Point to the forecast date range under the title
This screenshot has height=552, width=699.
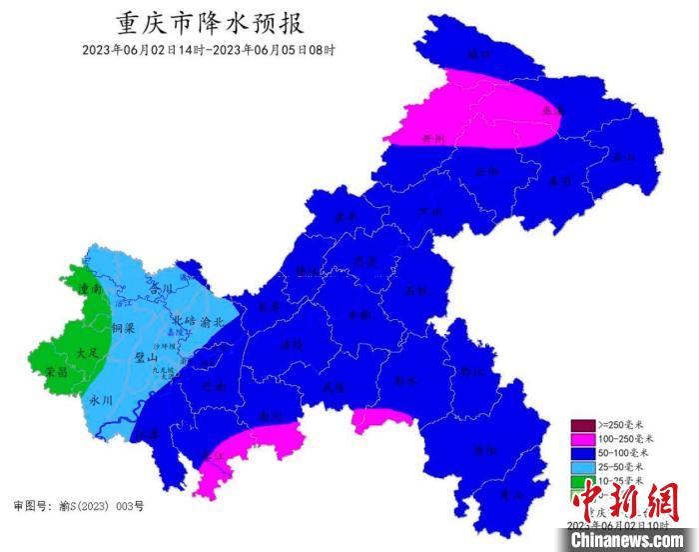(x=209, y=49)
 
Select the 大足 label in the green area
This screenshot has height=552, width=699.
(x=87, y=353)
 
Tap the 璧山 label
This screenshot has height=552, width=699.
(x=147, y=356)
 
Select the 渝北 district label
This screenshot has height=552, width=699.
(x=212, y=322)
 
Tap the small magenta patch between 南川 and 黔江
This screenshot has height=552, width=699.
(x=380, y=420)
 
